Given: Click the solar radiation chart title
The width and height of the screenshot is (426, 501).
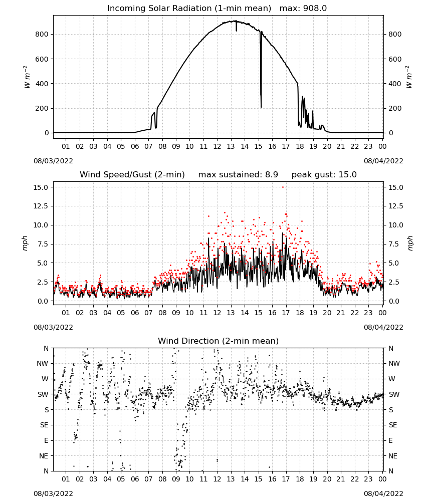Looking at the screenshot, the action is click(x=217, y=8).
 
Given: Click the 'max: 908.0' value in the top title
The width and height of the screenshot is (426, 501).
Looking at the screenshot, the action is click(x=303, y=8).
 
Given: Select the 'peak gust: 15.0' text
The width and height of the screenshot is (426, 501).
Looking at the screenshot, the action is click(x=324, y=174).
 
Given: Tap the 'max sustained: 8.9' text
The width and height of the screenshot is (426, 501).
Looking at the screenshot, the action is click(x=238, y=174).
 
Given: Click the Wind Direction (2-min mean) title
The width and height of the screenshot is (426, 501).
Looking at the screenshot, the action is click(x=219, y=341).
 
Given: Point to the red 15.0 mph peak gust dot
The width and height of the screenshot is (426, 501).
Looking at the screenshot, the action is click(x=283, y=187).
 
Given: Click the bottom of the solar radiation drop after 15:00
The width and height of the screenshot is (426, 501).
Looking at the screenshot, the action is click(x=261, y=107).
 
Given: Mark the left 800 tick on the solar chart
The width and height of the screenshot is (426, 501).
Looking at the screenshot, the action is click(x=42, y=34).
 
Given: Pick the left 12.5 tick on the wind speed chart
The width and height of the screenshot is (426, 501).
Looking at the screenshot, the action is click(x=41, y=206).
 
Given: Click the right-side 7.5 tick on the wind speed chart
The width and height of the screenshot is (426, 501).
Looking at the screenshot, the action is click(x=394, y=244).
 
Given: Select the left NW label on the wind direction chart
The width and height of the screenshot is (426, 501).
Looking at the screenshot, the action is click(x=43, y=364).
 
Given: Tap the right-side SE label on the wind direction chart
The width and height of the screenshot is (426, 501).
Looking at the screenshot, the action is click(x=393, y=425).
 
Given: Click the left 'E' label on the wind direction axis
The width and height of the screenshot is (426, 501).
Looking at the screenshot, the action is click(x=46, y=440).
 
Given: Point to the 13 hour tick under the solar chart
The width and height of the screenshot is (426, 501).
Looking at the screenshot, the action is click(x=231, y=146).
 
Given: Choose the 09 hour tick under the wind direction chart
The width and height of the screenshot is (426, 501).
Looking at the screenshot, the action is click(x=176, y=479).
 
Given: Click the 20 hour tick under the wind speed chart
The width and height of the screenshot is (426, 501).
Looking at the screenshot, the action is click(x=327, y=313).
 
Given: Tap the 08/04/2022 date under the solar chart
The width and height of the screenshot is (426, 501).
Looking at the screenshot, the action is click(x=383, y=161).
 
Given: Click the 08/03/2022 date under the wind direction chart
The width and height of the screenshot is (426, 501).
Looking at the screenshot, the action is click(x=53, y=493).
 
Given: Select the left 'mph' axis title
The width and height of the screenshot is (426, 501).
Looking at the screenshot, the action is click(x=25, y=243).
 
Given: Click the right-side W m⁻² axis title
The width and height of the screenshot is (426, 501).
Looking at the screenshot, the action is click(x=409, y=77).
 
